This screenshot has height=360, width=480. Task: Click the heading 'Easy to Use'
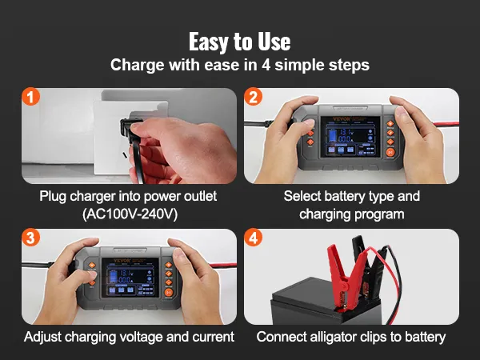(239, 42)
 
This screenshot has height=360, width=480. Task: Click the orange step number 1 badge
(30, 98)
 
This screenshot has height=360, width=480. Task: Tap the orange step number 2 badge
(254, 98)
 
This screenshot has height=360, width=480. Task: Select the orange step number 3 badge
(30, 239)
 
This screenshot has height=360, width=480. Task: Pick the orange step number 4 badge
(254, 239)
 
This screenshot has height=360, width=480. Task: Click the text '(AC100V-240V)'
(128, 214)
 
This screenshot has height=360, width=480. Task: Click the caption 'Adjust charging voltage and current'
(129, 337)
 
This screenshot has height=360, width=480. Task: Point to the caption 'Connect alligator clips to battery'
(351, 337)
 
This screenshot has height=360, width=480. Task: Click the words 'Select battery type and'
(351, 196)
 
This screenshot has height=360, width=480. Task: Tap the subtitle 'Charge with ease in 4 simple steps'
(239, 65)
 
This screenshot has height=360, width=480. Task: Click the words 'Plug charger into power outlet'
(128, 196)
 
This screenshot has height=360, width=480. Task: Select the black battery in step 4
(352, 304)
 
